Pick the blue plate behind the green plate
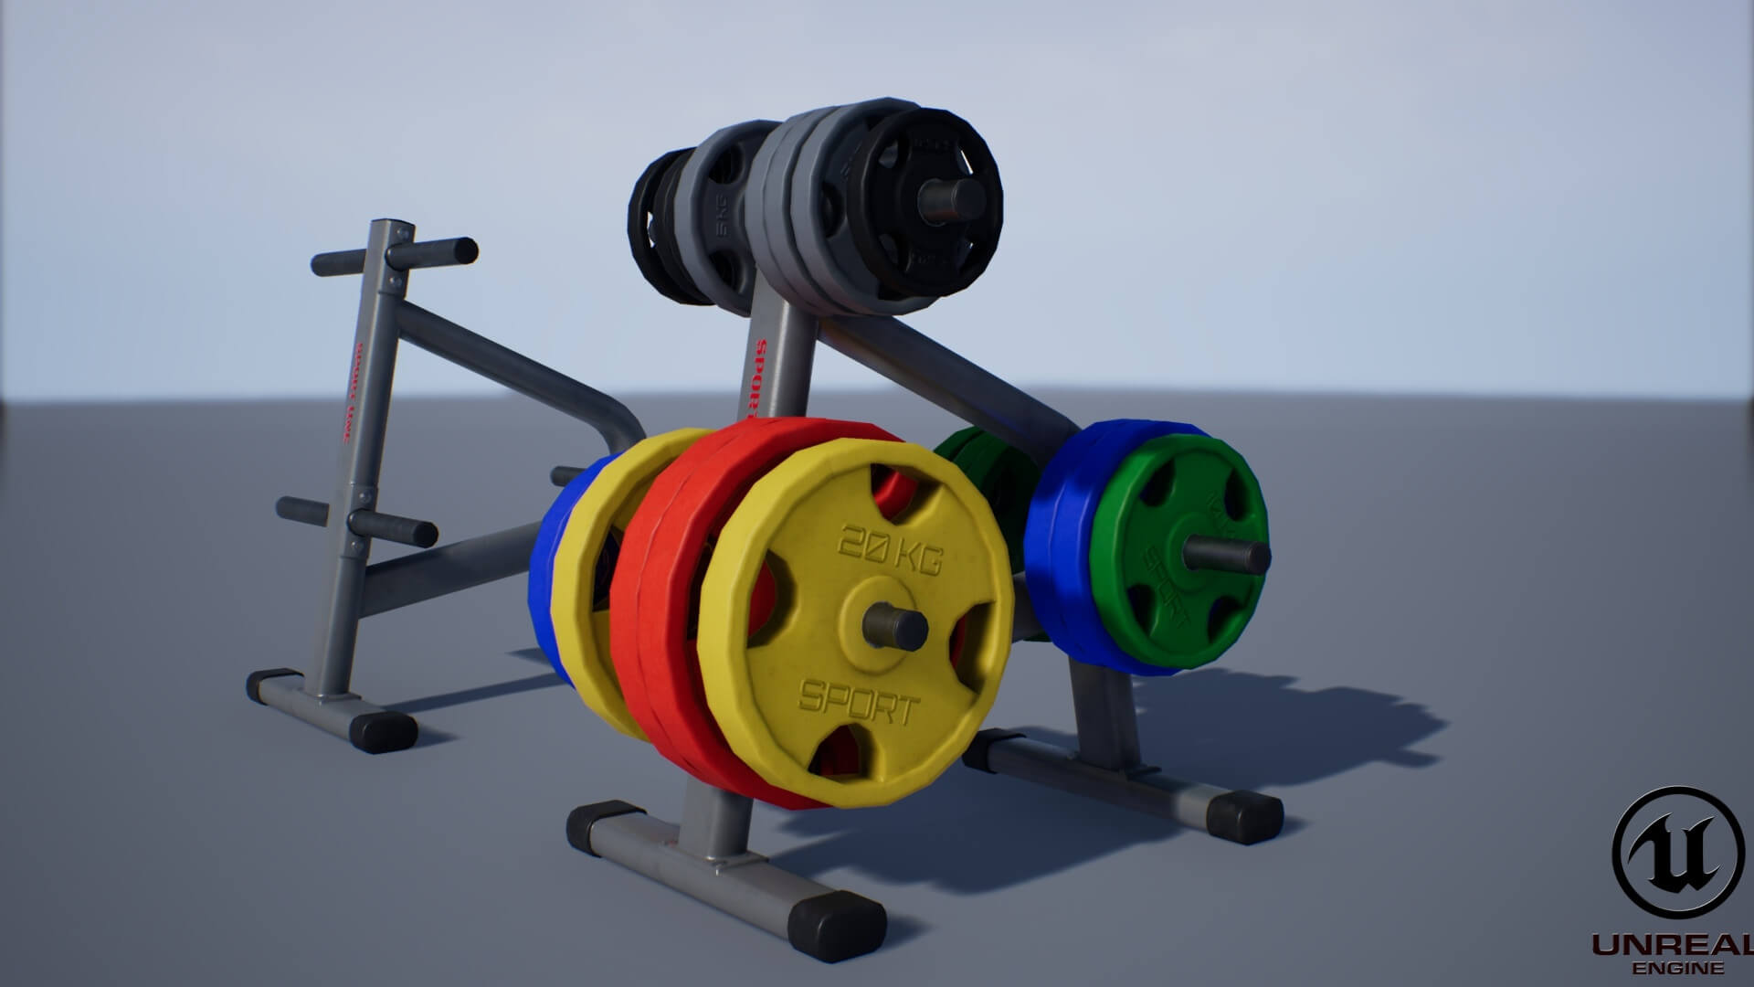point(1060,548)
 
